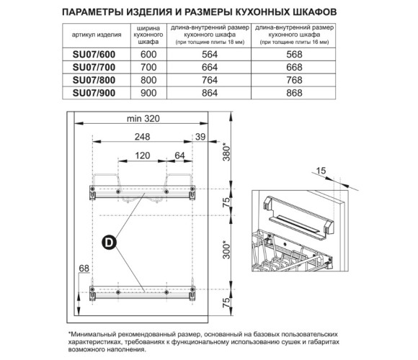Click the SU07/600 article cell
pos(94,55)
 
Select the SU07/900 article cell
pos(94,93)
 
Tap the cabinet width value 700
pos(148,68)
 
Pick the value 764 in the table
pos(210,80)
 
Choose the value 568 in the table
pos(294,55)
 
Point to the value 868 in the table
pos(294,93)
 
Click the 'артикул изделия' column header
pos(97,35)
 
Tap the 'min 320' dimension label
pos(143,119)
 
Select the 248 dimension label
pos(143,137)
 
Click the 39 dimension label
pos(200,137)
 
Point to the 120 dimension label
pos(143,156)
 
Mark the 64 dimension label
pos(179,156)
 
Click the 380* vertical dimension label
pos(226,152)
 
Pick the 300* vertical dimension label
pos(226,250)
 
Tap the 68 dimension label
pos(84,268)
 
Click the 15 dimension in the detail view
pos(321,171)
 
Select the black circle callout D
pos(110,243)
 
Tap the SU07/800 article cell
pos(94,80)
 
